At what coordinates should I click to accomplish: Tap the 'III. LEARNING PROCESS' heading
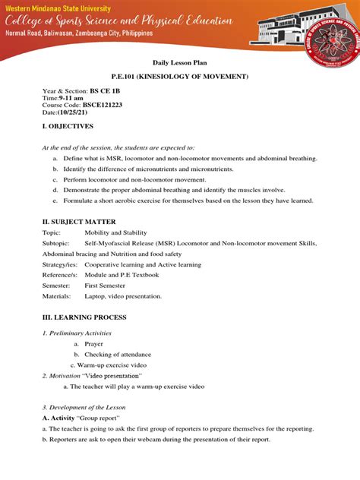(x=84, y=317)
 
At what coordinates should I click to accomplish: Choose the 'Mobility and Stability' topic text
(x=115, y=232)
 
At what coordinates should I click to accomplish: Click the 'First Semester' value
(x=109, y=285)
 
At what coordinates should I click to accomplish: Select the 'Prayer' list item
(x=93, y=343)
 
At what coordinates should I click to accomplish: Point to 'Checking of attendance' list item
(x=118, y=354)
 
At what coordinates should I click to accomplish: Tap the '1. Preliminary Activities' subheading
(x=77, y=333)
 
